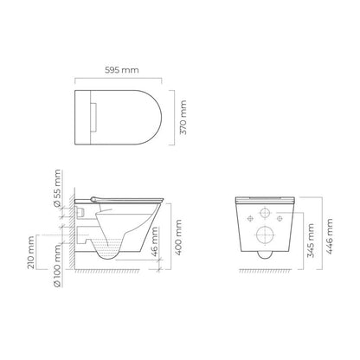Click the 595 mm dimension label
click(x=121, y=70)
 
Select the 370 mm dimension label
click(x=183, y=118)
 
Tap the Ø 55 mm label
click(x=58, y=188)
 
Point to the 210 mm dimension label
click(x=31, y=253)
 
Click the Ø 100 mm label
click(x=58, y=265)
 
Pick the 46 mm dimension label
click(x=155, y=241)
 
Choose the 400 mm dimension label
click(x=178, y=237)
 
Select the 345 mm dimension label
click(x=311, y=241)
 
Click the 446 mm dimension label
click(x=329, y=236)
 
